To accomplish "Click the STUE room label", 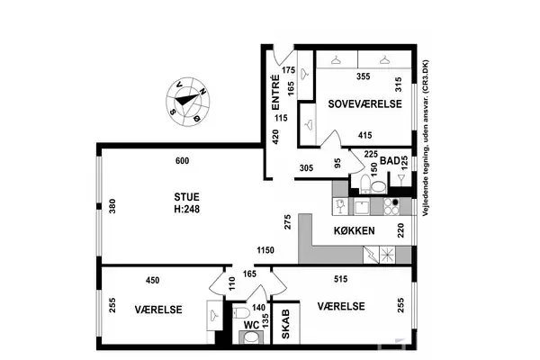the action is [186, 197].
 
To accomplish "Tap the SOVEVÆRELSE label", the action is [364, 104].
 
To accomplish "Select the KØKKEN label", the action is [355, 230].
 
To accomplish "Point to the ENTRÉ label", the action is [276, 93].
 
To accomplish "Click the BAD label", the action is [390, 160].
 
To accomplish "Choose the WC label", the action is [251, 325].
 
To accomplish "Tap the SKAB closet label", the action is [286, 324].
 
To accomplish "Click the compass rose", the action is [188, 102].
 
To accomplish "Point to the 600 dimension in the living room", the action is [182, 161].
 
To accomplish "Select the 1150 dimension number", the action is [265, 250].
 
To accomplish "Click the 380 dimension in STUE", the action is [112, 206].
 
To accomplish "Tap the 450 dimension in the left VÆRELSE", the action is [153, 281].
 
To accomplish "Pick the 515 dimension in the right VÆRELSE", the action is [340, 279].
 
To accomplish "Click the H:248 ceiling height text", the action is [186, 209].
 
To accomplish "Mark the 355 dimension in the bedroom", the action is [364, 76].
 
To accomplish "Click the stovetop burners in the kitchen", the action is [391, 206].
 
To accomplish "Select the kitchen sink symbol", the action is [362, 207].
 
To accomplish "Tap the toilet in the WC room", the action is [241, 312].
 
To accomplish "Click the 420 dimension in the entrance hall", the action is [275, 137].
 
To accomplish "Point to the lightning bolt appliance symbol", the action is [371, 255].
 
